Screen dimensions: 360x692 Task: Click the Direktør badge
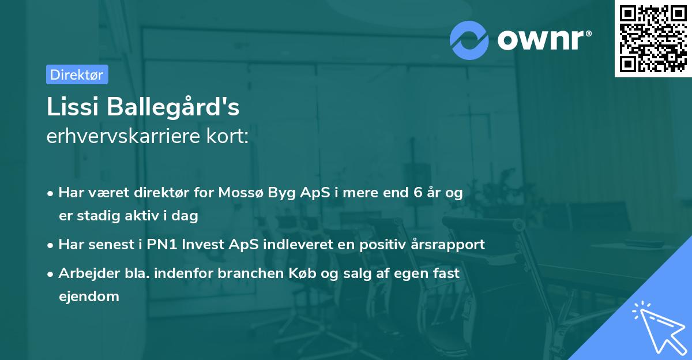coord(77,74)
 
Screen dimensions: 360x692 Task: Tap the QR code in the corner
coord(653,38)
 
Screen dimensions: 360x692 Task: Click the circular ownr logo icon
coord(469,40)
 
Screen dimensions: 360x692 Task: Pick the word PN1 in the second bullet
coord(163,244)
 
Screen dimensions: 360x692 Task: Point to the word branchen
coord(250,273)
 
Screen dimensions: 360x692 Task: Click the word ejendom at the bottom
coord(89,297)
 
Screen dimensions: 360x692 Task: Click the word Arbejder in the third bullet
coord(84,273)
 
